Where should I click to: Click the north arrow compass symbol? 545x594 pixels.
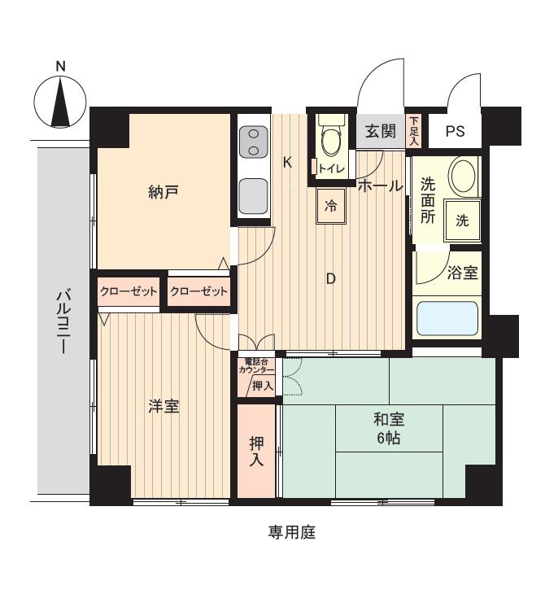coord(60,102)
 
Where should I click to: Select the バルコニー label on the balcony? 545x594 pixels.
coord(62,321)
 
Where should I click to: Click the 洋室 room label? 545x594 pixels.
coord(163,406)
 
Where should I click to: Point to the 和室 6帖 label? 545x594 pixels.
coord(389,429)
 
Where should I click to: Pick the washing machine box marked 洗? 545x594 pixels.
coord(461,221)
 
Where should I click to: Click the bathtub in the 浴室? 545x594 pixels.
coord(447,319)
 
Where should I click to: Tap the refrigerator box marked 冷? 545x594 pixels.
coord(331,206)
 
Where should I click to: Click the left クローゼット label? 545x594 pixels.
coord(129,291)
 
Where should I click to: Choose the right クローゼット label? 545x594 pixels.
coord(198,291)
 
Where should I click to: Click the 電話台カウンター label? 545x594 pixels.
coord(256,365)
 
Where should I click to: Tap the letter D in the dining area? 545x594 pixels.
coord(330,278)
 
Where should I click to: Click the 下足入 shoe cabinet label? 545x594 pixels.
coord(413,130)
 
